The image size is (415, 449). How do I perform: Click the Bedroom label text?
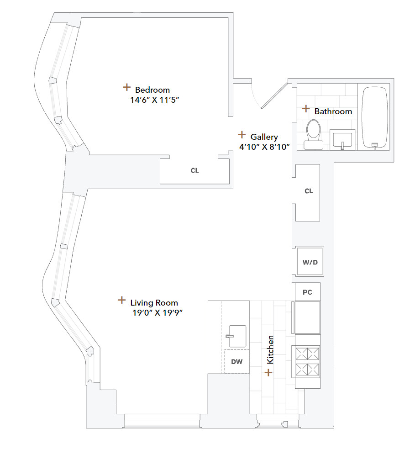click(152, 90)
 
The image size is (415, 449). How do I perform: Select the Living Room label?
click(154, 303)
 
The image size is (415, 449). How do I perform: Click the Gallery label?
click(264, 137)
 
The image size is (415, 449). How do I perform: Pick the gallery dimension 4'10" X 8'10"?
click(265, 147)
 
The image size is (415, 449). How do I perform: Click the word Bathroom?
click(333, 111)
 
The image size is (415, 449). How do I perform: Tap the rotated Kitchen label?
click(270, 350)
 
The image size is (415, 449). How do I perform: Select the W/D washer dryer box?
click(310, 262)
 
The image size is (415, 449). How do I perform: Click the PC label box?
click(307, 292)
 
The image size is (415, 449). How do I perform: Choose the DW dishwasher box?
click(236, 362)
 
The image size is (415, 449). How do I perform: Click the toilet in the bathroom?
click(314, 133)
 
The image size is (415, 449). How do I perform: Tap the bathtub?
click(375, 117)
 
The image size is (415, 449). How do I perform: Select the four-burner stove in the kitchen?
click(308, 361)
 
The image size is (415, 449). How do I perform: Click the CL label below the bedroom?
click(194, 171)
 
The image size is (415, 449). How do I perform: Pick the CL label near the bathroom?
click(309, 191)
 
